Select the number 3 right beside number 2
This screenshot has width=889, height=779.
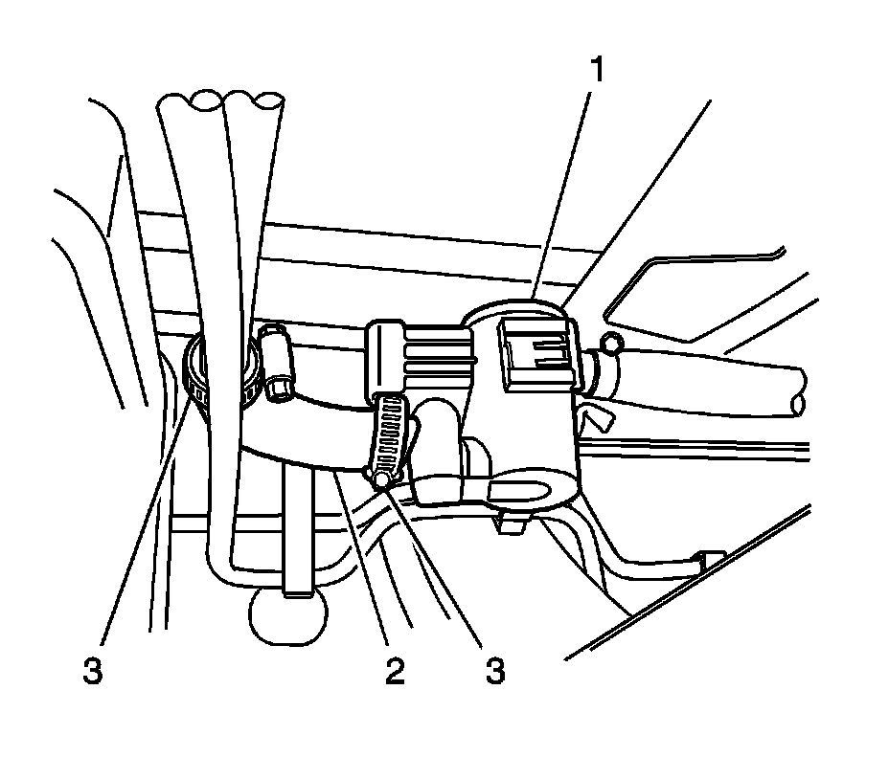point(494,671)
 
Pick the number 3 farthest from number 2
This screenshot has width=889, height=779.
point(91,671)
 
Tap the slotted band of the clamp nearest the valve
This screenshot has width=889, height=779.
point(390,431)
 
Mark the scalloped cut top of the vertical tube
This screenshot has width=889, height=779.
point(222,99)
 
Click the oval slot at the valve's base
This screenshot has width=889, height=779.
point(526,493)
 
